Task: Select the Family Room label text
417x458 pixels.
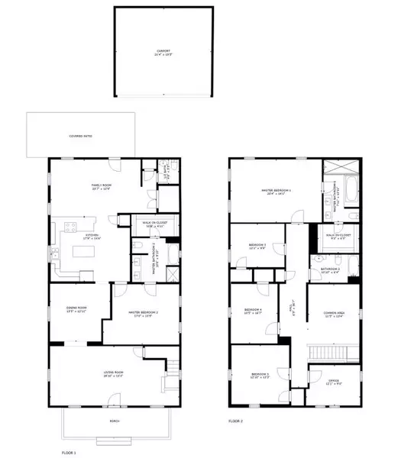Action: (99, 187)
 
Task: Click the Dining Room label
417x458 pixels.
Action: (76, 308)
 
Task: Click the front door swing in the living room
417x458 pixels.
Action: (113, 399)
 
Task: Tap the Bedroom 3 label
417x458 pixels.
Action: (257, 246)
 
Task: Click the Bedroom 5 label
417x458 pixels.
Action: (260, 376)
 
